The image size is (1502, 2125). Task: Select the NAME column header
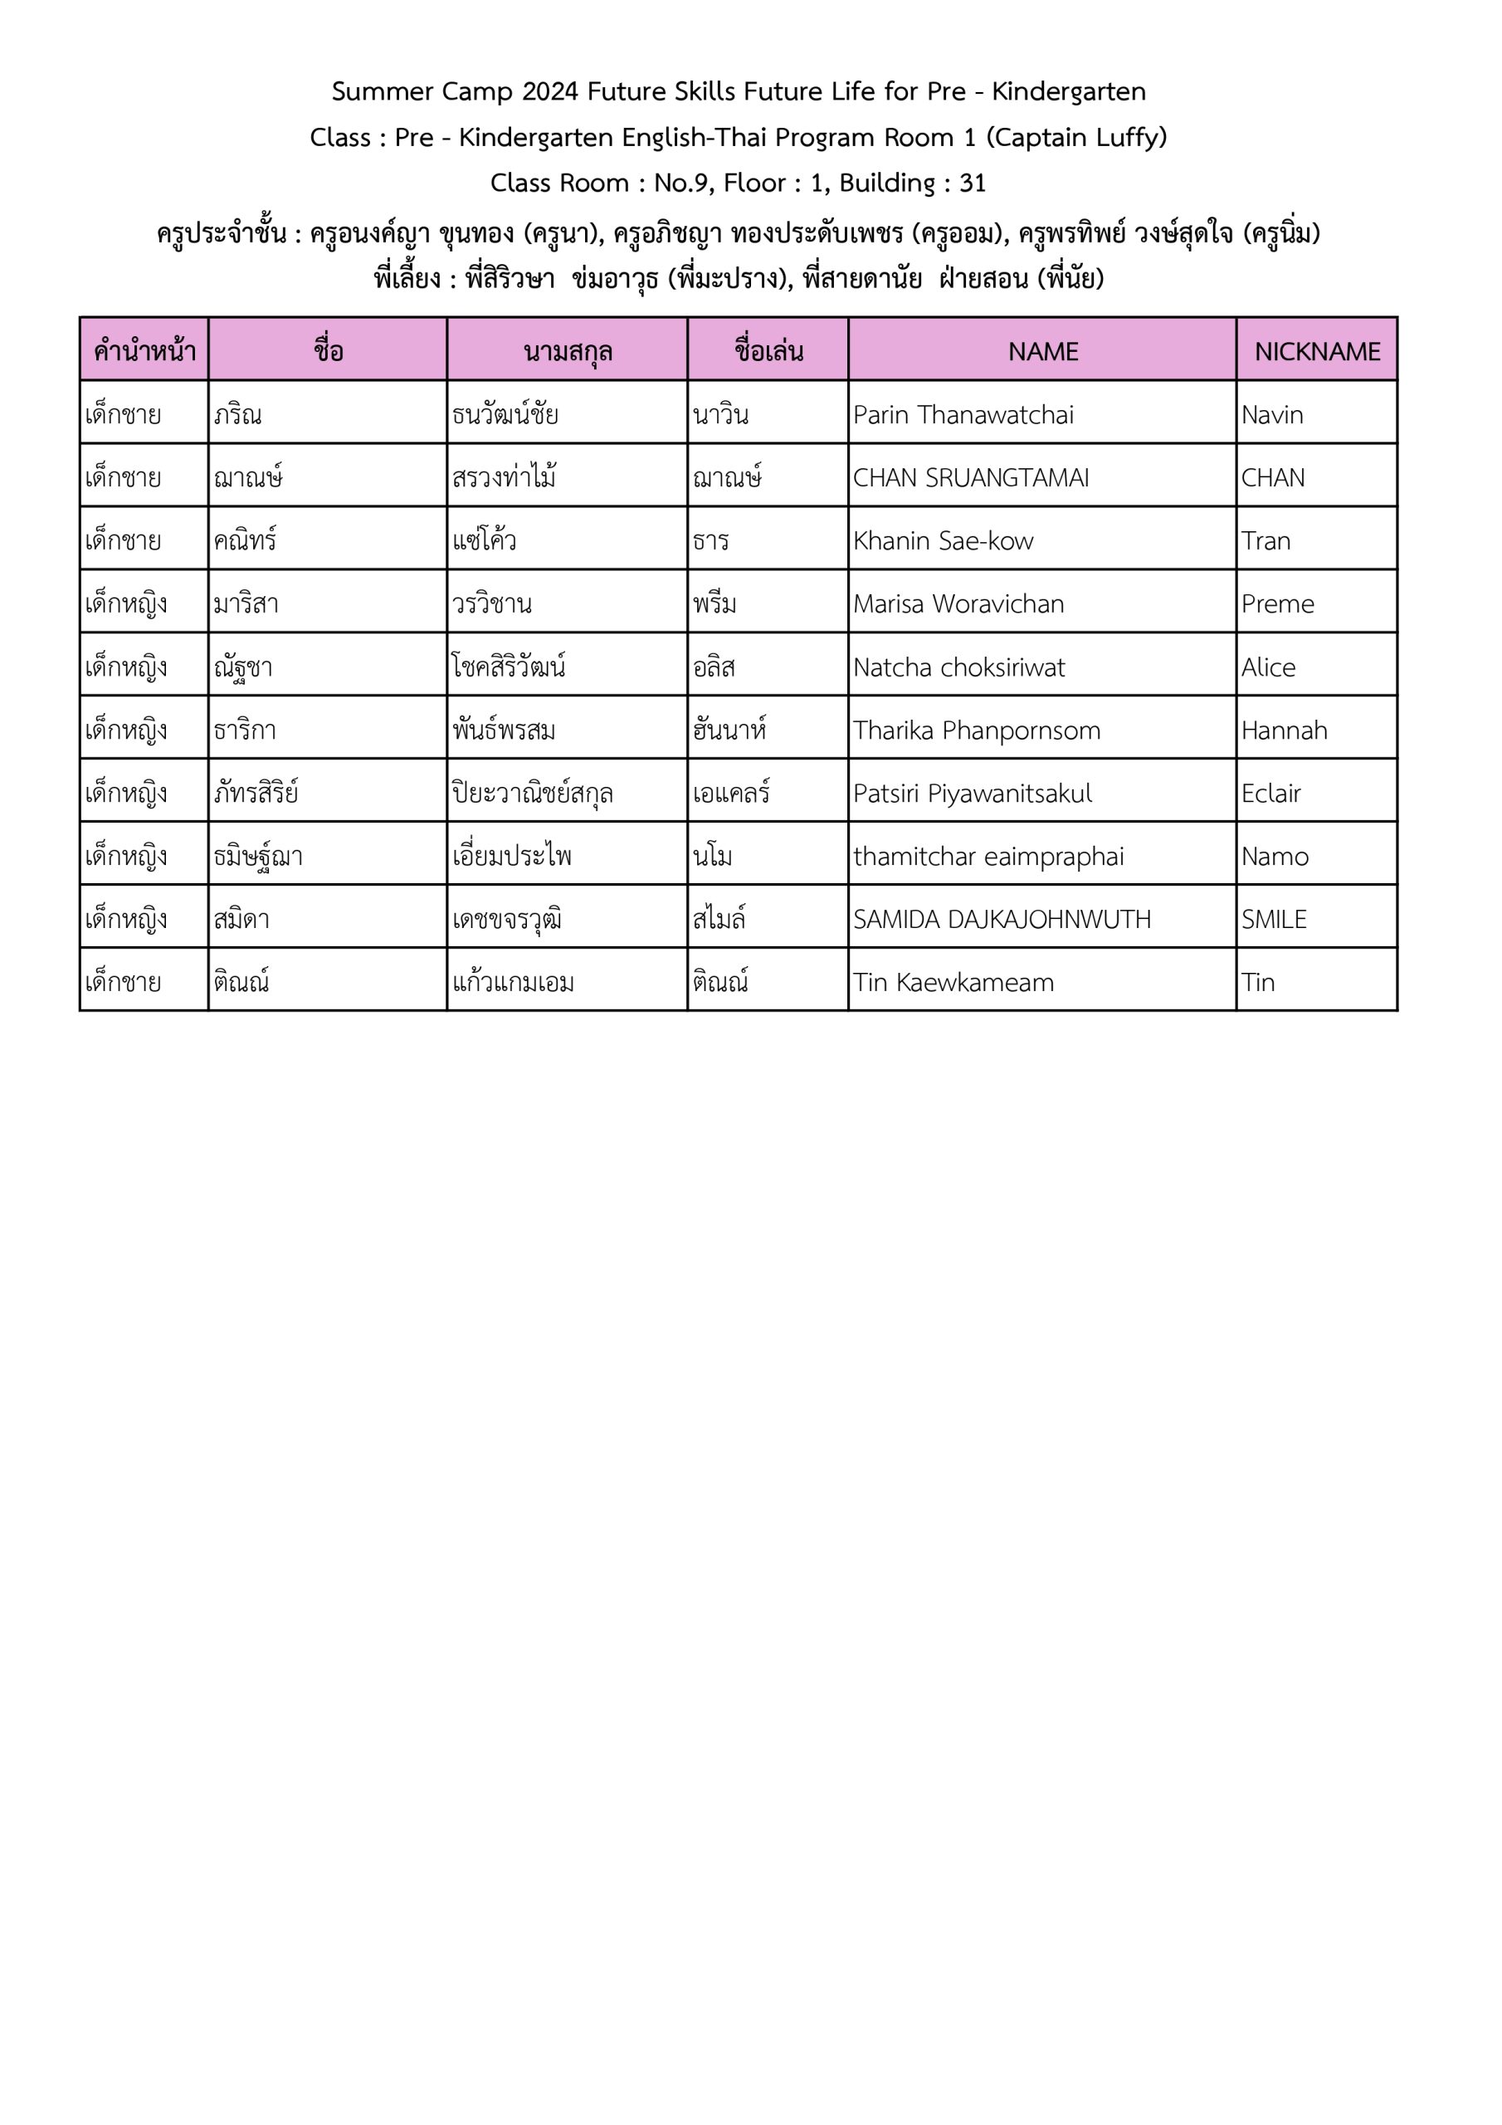(x=1043, y=352)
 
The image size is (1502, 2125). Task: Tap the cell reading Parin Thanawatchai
(x=963, y=415)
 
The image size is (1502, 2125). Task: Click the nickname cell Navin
(x=1271, y=415)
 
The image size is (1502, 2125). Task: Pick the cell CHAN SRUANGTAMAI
(x=970, y=477)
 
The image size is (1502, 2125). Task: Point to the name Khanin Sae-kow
(x=942, y=540)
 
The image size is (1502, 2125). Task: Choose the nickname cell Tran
(x=1265, y=540)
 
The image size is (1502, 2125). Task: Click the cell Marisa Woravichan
(x=958, y=603)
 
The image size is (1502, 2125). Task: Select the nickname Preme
(x=1277, y=603)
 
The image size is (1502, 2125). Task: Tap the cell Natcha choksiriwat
(x=958, y=667)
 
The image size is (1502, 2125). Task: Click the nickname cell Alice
(x=1268, y=667)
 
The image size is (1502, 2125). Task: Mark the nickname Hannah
(x=1284, y=730)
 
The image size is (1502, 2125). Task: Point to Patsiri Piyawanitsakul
(x=972, y=794)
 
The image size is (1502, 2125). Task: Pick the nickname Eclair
(x=1270, y=794)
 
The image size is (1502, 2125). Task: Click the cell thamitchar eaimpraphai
(x=988, y=856)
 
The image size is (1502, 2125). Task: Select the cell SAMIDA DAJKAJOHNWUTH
(x=1002, y=919)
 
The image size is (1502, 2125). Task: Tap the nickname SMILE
(x=1274, y=919)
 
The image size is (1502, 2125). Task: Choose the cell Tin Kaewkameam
(x=953, y=982)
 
